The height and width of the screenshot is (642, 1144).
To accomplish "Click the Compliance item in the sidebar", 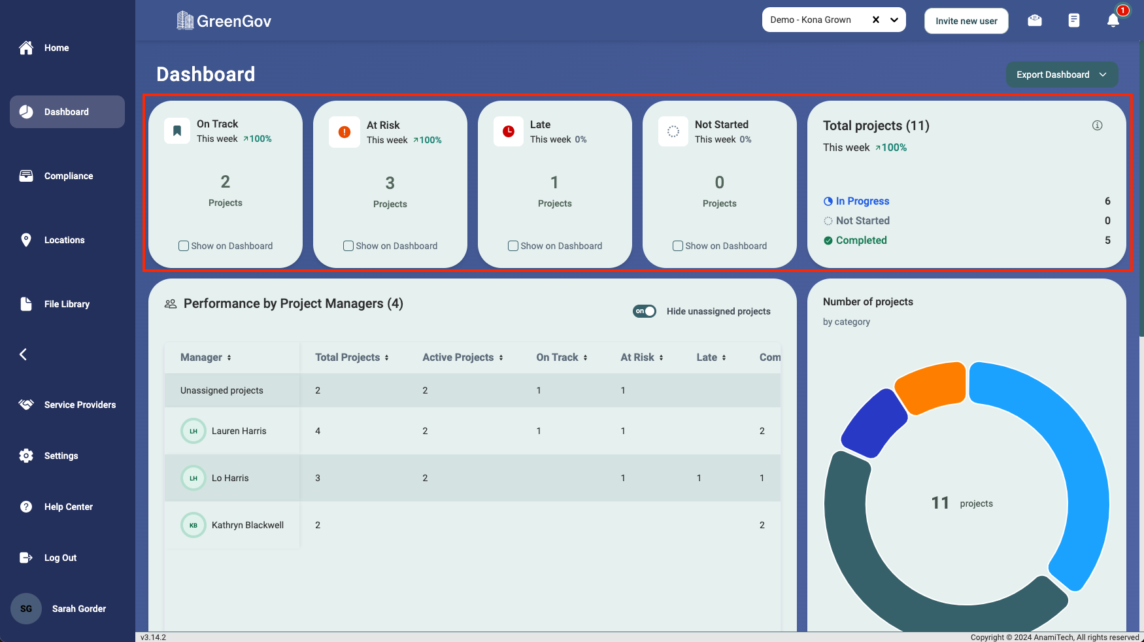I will click(68, 176).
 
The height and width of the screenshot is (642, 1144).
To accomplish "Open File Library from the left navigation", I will click(66, 304).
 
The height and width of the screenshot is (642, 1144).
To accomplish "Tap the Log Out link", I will click(60, 558).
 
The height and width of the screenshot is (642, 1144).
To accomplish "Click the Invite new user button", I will click(966, 21).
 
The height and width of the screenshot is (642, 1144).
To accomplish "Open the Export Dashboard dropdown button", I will click(1062, 75).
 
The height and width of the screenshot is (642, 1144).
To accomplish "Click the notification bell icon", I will click(1113, 21).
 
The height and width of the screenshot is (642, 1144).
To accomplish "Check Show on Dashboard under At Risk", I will click(348, 246).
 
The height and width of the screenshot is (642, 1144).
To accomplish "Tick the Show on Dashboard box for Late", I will click(513, 246).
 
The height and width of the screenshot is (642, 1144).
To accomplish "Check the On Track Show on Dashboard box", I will click(184, 246).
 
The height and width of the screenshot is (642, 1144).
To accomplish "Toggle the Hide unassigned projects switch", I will click(645, 311).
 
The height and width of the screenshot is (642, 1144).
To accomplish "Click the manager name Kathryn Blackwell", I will click(247, 525).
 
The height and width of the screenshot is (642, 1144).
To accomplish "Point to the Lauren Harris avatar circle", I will click(193, 431).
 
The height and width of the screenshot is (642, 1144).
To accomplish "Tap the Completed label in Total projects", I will click(861, 241).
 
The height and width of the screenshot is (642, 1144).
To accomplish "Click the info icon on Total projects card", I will click(1097, 126).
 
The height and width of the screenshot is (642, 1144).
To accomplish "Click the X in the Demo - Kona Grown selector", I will click(876, 20).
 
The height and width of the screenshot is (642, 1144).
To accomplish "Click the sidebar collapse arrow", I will click(24, 354).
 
